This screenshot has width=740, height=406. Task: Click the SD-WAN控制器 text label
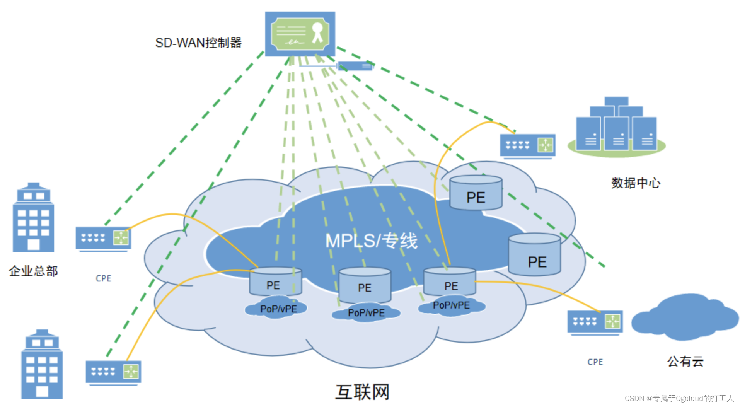point(198,43)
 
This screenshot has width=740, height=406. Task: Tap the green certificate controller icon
point(300,34)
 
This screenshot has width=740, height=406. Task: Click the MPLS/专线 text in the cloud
point(371,241)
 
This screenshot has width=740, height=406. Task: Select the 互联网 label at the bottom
point(362,392)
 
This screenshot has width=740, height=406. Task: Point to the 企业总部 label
point(33,271)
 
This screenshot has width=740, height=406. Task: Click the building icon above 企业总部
point(33,218)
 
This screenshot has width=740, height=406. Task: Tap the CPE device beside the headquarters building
point(103,238)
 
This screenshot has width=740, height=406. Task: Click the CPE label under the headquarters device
point(103,278)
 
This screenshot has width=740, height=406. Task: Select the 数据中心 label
point(636,183)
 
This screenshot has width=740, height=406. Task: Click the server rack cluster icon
point(616,126)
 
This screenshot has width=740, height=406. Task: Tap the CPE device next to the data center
point(528,145)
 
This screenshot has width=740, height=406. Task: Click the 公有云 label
point(685,361)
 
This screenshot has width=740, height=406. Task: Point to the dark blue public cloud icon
point(684,317)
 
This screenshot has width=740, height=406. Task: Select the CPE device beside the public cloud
point(595,322)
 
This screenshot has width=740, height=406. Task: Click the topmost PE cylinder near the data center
point(476,193)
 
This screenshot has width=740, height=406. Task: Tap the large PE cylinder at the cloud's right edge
point(534,255)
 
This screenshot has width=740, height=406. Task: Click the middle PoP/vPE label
point(366,313)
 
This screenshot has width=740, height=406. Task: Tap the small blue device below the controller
point(355,66)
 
